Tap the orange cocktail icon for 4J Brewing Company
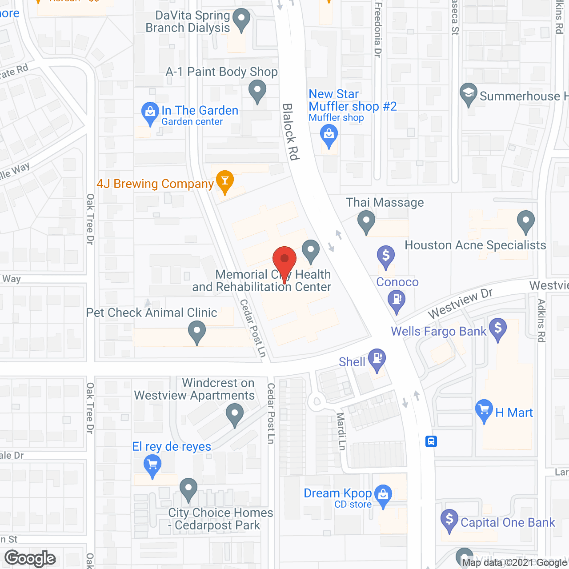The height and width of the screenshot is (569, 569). coord(225,181)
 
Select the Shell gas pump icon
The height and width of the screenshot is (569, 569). coord(377,358)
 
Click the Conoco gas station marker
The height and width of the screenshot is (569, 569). coord(397,300)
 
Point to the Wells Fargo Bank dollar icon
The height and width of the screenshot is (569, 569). coord(498,329)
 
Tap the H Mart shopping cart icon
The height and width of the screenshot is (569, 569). coord(484,410)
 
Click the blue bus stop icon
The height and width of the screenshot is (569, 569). coord(431,441)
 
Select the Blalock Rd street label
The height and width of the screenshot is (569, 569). coord(291,132)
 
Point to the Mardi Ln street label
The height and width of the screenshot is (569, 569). coord(341,431)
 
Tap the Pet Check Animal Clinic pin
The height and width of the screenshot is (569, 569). coord(196,332)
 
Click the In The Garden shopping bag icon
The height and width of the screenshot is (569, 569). coord(150,112)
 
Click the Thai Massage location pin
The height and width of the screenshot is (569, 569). coord(366,221)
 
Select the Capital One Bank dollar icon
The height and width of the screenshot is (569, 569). coord(449,519)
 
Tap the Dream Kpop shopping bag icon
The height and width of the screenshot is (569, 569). coord(383,494)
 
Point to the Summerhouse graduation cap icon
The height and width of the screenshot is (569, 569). coord(468,93)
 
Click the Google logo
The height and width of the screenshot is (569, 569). coord(30,558)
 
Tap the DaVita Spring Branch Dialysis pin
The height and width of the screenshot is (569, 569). coord(241,20)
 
